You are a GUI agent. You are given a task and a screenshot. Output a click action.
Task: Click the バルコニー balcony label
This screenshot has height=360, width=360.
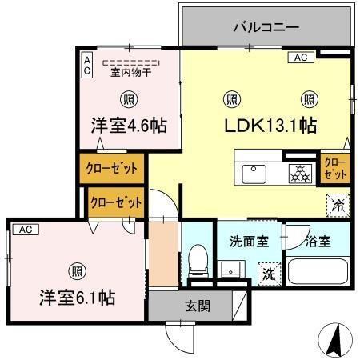pyautogui.click(x=266, y=27)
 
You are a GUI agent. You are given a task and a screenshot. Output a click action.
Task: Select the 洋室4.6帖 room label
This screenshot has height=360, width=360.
pyautogui.click(x=128, y=126)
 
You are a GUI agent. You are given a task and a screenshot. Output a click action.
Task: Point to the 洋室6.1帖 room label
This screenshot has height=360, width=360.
pyautogui.click(x=78, y=297)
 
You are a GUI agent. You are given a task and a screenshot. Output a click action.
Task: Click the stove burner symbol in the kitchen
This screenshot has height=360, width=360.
pyautogui.click(x=300, y=172)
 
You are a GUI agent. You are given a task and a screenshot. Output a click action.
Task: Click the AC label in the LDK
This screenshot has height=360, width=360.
pyautogui.click(x=300, y=58)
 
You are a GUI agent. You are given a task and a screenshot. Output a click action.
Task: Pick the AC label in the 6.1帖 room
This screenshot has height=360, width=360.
pyautogui.click(x=24, y=229)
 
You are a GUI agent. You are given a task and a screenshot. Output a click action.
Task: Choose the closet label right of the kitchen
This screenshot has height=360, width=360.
pyautogui.click(x=335, y=168)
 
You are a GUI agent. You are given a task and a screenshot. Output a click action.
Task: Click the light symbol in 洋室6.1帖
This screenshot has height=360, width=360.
pyautogui.click(x=76, y=269)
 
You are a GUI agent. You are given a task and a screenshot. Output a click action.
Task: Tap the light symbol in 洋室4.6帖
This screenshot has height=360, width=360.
pyautogui.click(x=128, y=98)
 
